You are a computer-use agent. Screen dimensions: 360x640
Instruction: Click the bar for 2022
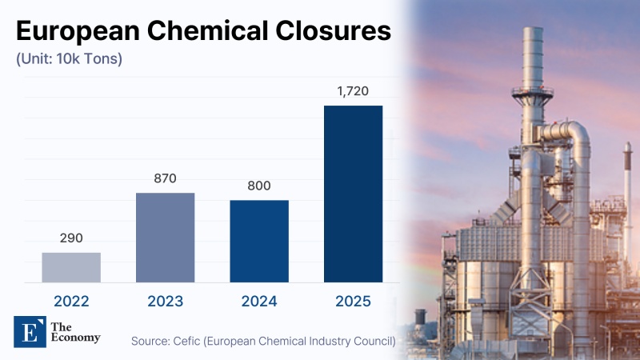(x=71, y=267)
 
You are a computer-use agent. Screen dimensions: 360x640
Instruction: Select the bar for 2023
(x=165, y=238)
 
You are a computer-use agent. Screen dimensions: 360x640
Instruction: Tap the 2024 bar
(x=259, y=241)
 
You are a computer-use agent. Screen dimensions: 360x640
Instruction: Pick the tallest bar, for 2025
(x=353, y=194)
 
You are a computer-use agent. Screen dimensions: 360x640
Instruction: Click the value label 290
(x=71, y=238)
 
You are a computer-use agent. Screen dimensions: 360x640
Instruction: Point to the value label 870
(x=165, y=178)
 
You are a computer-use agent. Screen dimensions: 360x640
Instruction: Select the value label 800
(x=259, y=186)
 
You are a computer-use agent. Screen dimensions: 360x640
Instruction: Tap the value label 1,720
(x=353, y=91)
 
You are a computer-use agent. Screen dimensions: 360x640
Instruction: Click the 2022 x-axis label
(x=71, y=302)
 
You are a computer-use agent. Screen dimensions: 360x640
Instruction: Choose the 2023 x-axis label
(x=165, y=302)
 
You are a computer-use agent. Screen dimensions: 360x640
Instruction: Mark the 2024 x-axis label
(x=259, y=302)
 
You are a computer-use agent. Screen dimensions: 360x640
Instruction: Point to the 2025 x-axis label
(x=353, y=302)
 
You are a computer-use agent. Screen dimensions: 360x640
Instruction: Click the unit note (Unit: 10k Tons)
(x=69, y=59)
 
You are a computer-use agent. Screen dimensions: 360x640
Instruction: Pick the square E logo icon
(x=30, y=330)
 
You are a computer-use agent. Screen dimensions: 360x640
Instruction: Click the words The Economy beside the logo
(x=74, y=331)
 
